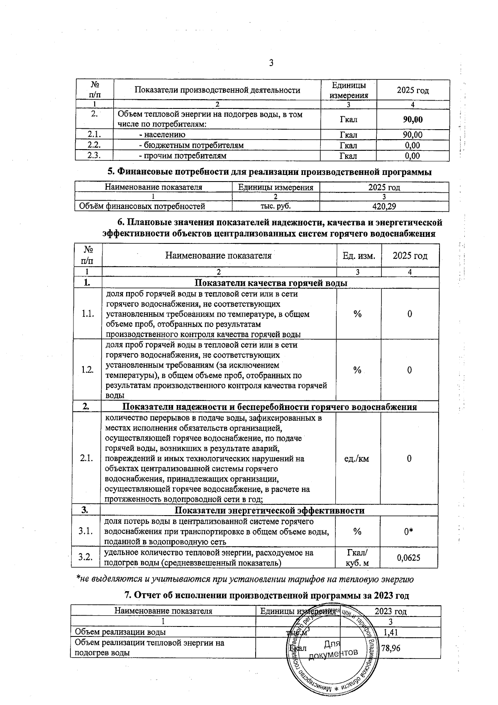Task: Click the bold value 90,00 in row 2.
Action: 413,120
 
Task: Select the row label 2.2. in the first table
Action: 94,145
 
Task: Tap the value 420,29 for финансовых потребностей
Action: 384,206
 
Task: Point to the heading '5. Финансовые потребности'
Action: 269,172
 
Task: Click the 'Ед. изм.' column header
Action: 359,256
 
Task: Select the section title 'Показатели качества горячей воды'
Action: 271,283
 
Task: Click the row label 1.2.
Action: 87,370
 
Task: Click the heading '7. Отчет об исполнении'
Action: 267,596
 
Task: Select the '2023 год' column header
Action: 390,611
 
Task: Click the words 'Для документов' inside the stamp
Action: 332,649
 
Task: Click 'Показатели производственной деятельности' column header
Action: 217,90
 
